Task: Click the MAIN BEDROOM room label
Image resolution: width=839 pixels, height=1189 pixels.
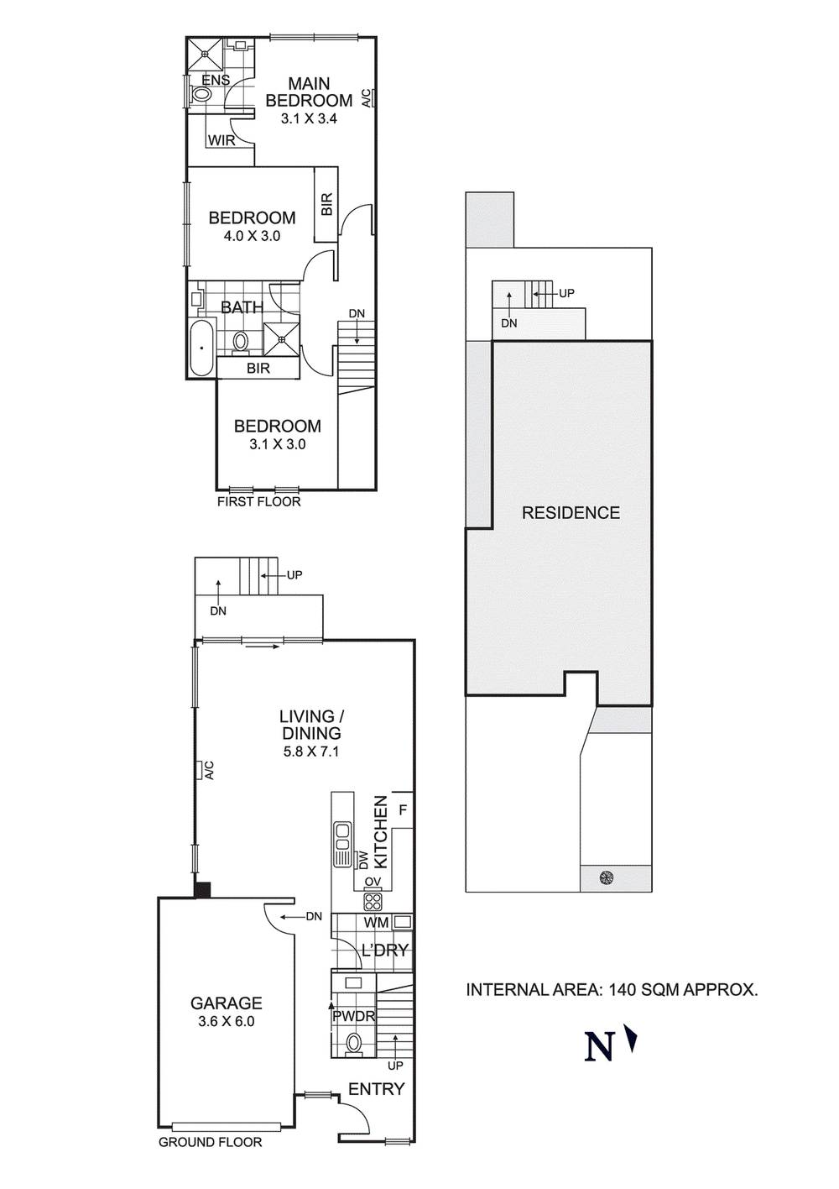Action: [x=310, y=92]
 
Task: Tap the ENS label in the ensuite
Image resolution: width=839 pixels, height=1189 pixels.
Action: [x=216, y=80]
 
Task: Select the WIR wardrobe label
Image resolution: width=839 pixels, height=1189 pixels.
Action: [x=221, y=141]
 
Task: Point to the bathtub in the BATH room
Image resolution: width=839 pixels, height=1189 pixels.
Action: [x=201, y=348]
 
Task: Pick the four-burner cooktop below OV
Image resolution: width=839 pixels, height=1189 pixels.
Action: [x=373, y=901]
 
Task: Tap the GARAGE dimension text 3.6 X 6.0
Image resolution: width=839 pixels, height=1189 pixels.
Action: [x=227, y=1021]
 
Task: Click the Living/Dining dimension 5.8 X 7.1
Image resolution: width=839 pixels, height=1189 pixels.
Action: [x=310, y=751]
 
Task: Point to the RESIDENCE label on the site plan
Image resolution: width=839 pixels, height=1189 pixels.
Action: [x=571, y=513]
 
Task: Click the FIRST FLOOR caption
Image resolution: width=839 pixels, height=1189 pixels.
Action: [x=258, y=501]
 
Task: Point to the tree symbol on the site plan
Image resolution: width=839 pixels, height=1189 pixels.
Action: [x=607, y=878]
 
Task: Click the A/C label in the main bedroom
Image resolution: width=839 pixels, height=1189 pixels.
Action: [x=366, y=98]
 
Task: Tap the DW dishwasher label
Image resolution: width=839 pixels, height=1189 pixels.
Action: [x=362, y=861]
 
